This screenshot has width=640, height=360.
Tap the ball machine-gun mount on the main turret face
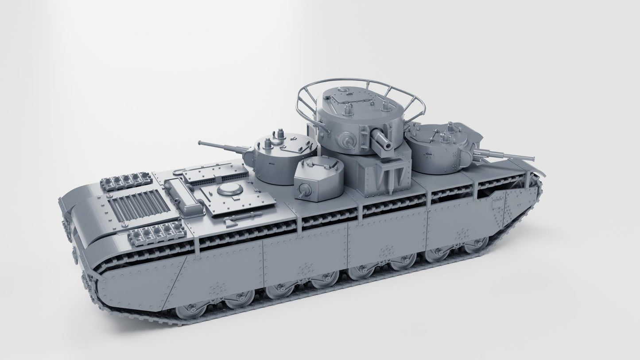click(347, 141)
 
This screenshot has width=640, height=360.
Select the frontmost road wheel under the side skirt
click(477, 243)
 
